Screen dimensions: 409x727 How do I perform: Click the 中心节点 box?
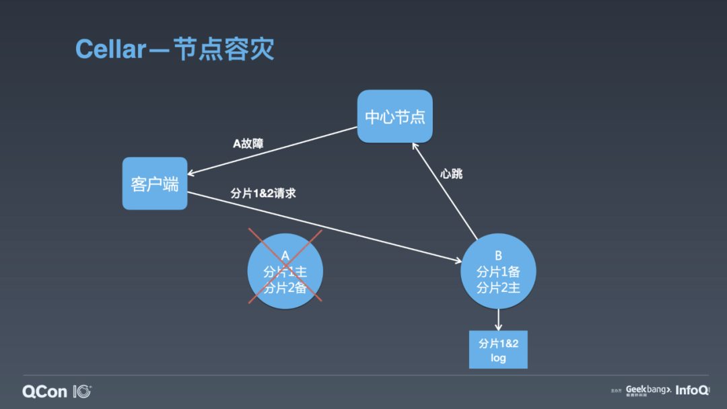pyautogui.click(x=394, y=116)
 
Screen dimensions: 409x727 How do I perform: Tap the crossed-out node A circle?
pyautogui.click(x=285, y=272)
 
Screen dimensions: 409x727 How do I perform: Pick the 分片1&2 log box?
pyautogui.click(x=498, y=350)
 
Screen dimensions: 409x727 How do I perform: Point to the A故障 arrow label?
pyautogui.click(x=248, y=143)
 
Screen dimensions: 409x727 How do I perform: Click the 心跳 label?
pyautogui.click(x=452, y=174)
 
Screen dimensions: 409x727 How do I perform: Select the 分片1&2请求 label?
pyautogui.click(x=263, y=193)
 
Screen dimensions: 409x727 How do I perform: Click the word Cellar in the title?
pyautogui.click(x=110, y=50)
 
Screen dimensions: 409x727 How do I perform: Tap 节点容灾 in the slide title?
pyautogui.click(x=223, y=50)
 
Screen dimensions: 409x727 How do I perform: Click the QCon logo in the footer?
pyautogui.click(x=57, y=391)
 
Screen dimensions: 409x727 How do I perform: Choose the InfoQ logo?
pyautogui.click(x=692, y=390)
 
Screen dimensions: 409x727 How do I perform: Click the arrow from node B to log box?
pyautogui.click(x=498, y=319)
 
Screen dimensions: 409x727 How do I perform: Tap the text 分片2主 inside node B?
pyautogui.click(x=498, y=287)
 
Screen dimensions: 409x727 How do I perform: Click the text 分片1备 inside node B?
pyautogui.click(x=498, y=272)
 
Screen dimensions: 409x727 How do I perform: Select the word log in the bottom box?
pyautogui.click(x=498, y=358)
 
